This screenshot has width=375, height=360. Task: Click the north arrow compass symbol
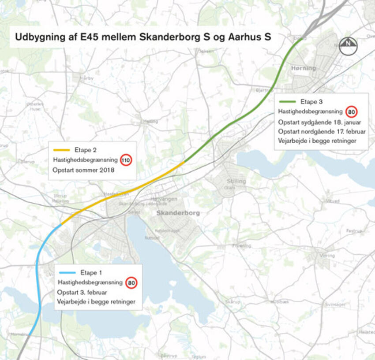click(x=348, y=45)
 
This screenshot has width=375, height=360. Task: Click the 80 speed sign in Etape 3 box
click(x=351, y=111)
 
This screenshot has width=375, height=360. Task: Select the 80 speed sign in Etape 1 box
click(x=131, y=282)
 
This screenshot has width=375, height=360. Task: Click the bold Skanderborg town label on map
click(x=178, y=213)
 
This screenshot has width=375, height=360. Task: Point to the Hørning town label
click(x=304, y=68)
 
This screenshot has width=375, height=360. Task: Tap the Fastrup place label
click(x=354, y=230)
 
